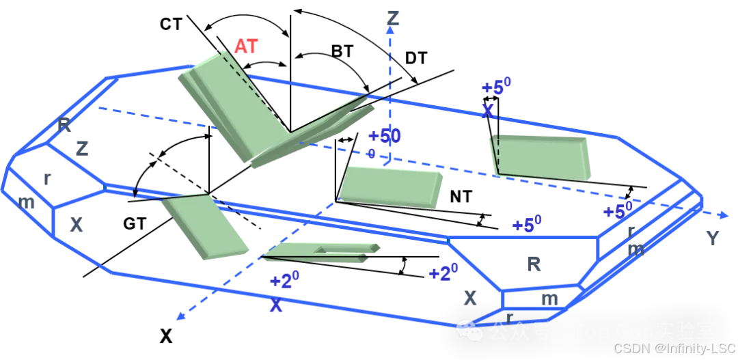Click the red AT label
coord(246,46)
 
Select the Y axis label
coord(713,238)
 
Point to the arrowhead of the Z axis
coord(390,33)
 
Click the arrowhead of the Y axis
coord(724,215)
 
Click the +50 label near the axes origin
coord(385,136)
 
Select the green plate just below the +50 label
coord(391,186)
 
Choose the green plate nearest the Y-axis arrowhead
coord(540,157)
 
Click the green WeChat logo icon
coord(471,331)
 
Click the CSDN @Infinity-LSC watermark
coord(673,348)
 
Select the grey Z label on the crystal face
coord(82,148)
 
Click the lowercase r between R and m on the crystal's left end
coord(46,179)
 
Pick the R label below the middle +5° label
coord(534,264)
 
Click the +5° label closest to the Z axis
coord(496,87)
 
